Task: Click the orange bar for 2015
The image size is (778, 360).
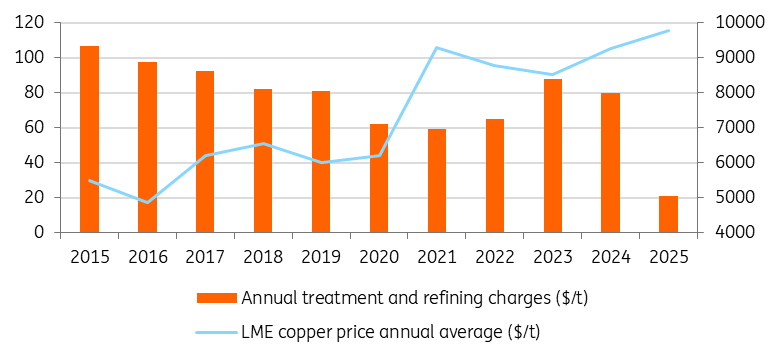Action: (x=89, y=139)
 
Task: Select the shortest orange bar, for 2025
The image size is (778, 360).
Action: (x=668, y=214)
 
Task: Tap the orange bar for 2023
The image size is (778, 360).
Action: (x=553, y=156)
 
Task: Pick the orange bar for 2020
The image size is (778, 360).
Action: (x=379, y=178)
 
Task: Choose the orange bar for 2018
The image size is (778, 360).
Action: (x=263, y=161)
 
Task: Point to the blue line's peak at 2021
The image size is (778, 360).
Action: (x=437, y=48)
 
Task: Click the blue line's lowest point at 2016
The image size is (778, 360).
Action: (x=147, y=202)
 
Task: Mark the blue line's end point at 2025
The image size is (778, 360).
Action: (x=668, y=31)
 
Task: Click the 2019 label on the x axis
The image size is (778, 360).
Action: (x=321, y=256)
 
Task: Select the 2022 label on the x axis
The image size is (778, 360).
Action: (x=495, y=256)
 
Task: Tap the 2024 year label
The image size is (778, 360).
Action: (x=611, y=256)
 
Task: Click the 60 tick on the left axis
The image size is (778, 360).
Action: (x=39, y=128)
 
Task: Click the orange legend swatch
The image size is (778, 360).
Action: (x=217, y=298)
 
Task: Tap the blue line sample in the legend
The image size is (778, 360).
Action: (x=217, y=331)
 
